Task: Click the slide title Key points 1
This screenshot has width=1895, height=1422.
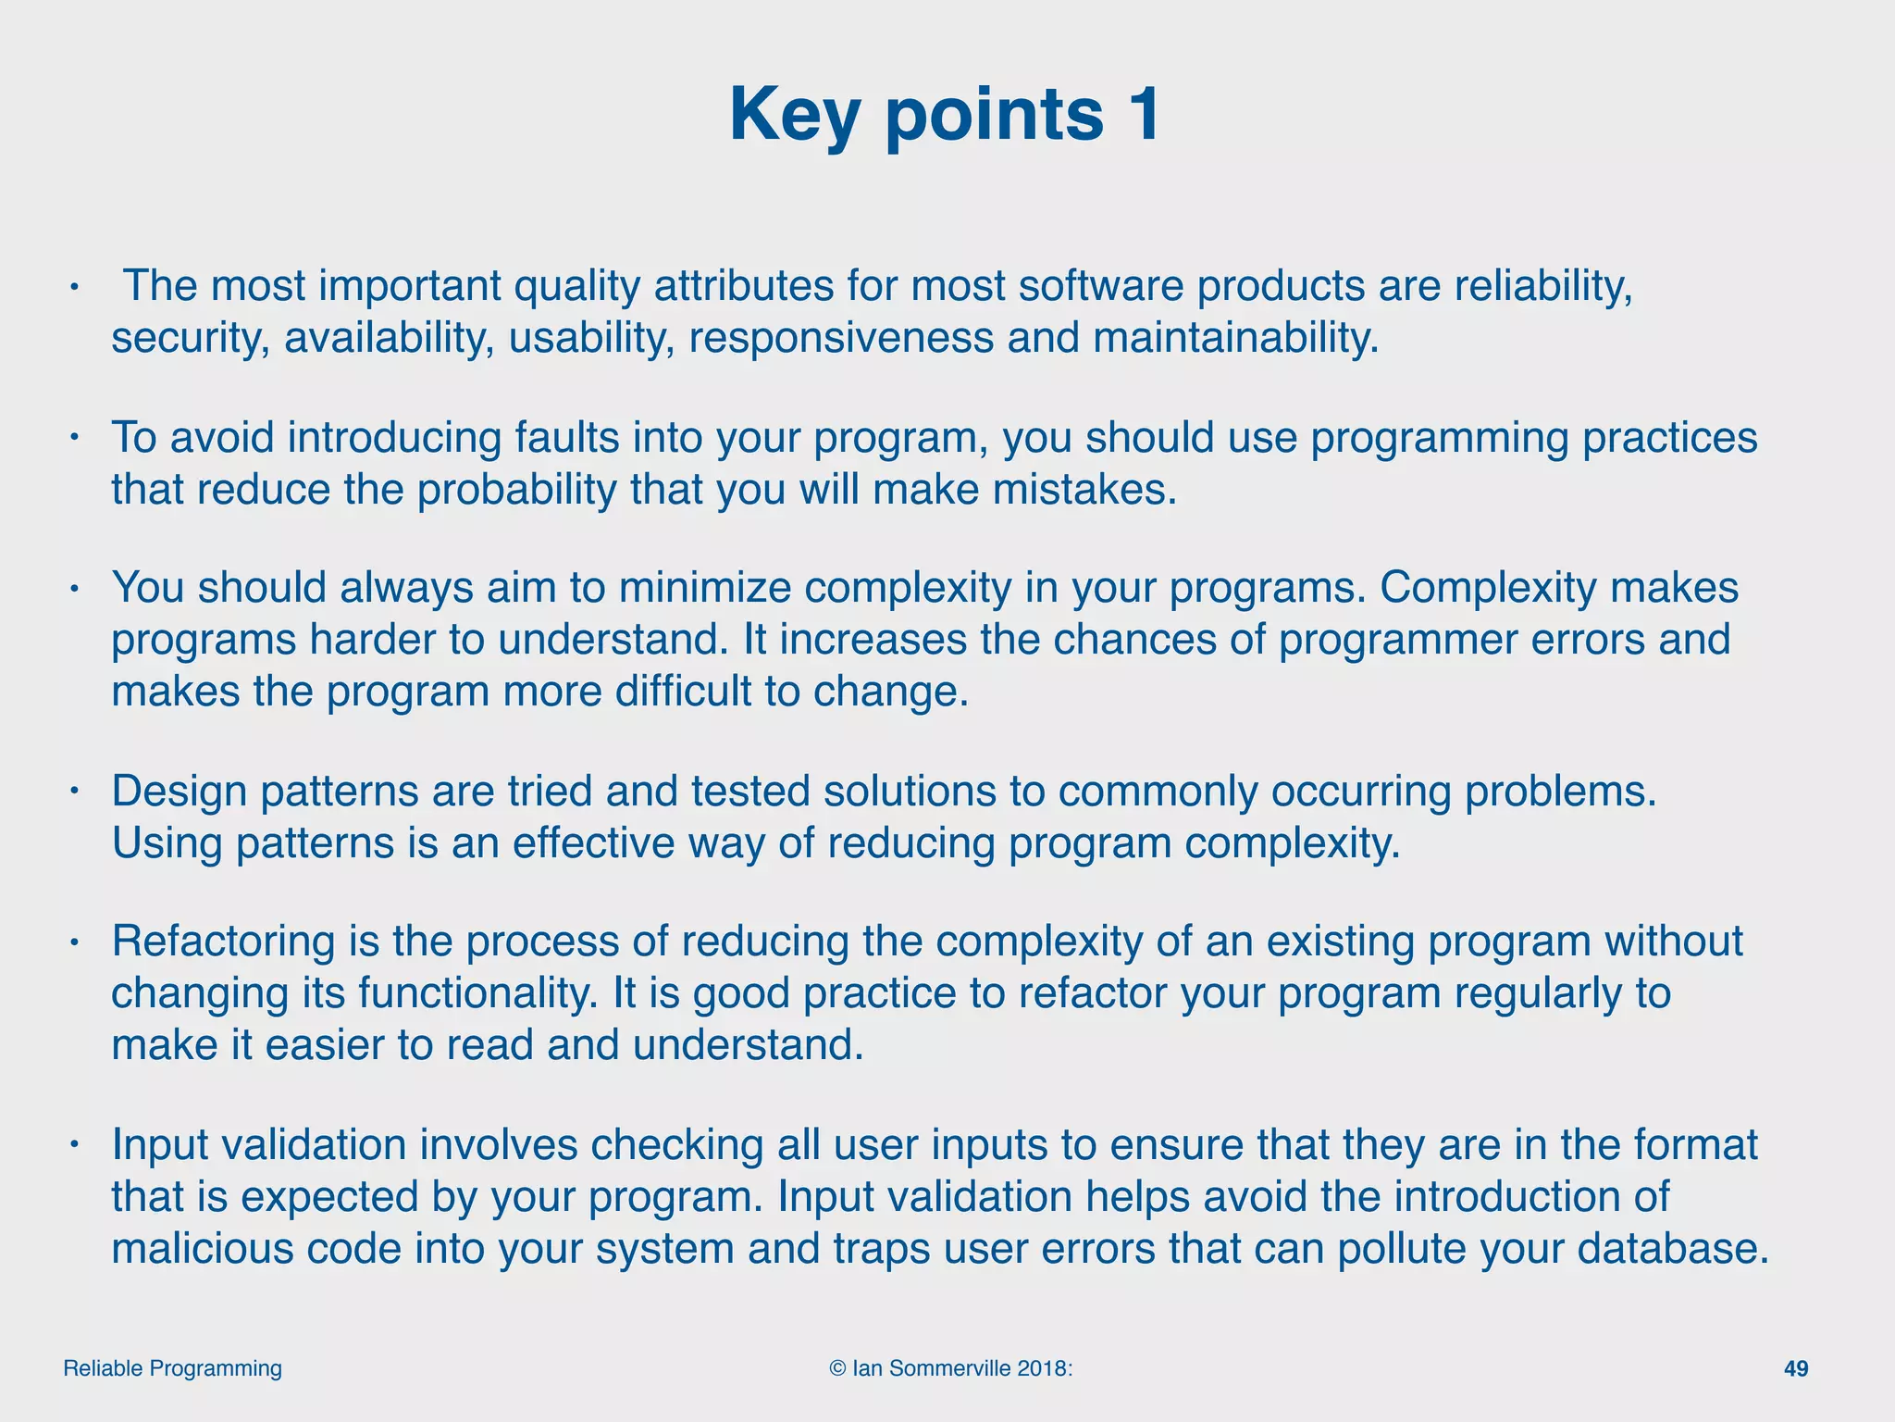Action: (x=945, y=115)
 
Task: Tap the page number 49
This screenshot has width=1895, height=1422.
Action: (x=1795, y=1368)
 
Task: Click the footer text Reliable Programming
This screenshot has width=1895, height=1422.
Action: (x=172, y=1368)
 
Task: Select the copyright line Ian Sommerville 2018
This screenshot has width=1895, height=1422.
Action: (x=951, y=1368)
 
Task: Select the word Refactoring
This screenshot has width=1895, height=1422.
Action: (x=224, y=942)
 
